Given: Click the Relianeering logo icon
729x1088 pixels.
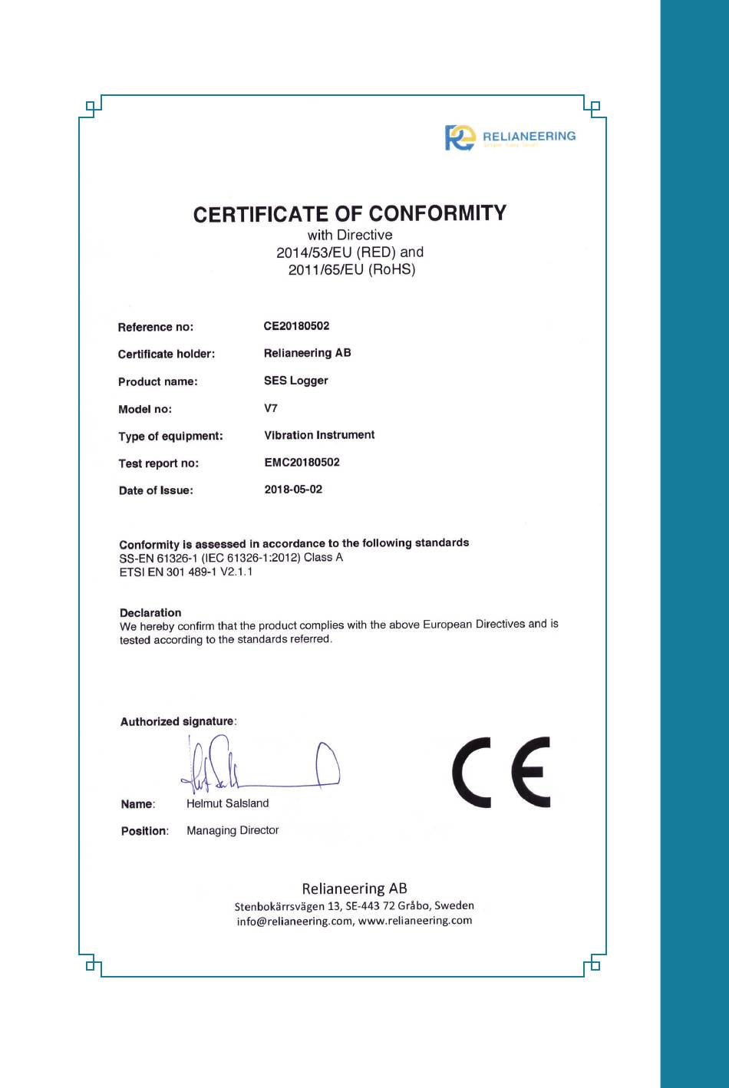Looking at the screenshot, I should tap(460, 137).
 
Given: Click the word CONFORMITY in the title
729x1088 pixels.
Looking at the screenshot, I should tap(437, 213).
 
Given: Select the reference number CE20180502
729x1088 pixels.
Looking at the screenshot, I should tap(296, 326).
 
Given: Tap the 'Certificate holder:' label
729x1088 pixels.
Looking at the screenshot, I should tap(167, 354).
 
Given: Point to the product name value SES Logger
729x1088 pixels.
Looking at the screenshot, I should tap(295, 381).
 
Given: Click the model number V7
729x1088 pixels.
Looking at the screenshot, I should tap(271, 408).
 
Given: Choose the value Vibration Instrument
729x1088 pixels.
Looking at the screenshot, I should tap(319, 435).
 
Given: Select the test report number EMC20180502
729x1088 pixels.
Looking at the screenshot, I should tap(302, 462).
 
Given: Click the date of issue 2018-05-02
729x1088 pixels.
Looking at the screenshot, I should tap(293, 490).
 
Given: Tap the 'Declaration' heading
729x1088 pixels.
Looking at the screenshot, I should tap(150, 612).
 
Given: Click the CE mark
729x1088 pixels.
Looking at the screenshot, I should tap(501, 771).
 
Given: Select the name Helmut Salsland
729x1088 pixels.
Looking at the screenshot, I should tap(227, 803).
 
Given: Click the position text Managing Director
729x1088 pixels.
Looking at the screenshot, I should tap(233, 830).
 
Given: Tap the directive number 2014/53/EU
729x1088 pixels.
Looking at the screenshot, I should tap(314, 252).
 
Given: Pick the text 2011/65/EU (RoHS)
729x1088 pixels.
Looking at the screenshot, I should tap(351, 269).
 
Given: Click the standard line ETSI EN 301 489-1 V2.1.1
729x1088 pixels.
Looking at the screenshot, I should tap(186, 572).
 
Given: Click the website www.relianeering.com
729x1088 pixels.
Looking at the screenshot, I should tap(415, 921).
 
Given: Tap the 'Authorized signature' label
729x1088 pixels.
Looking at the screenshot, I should tap(177, 721).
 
